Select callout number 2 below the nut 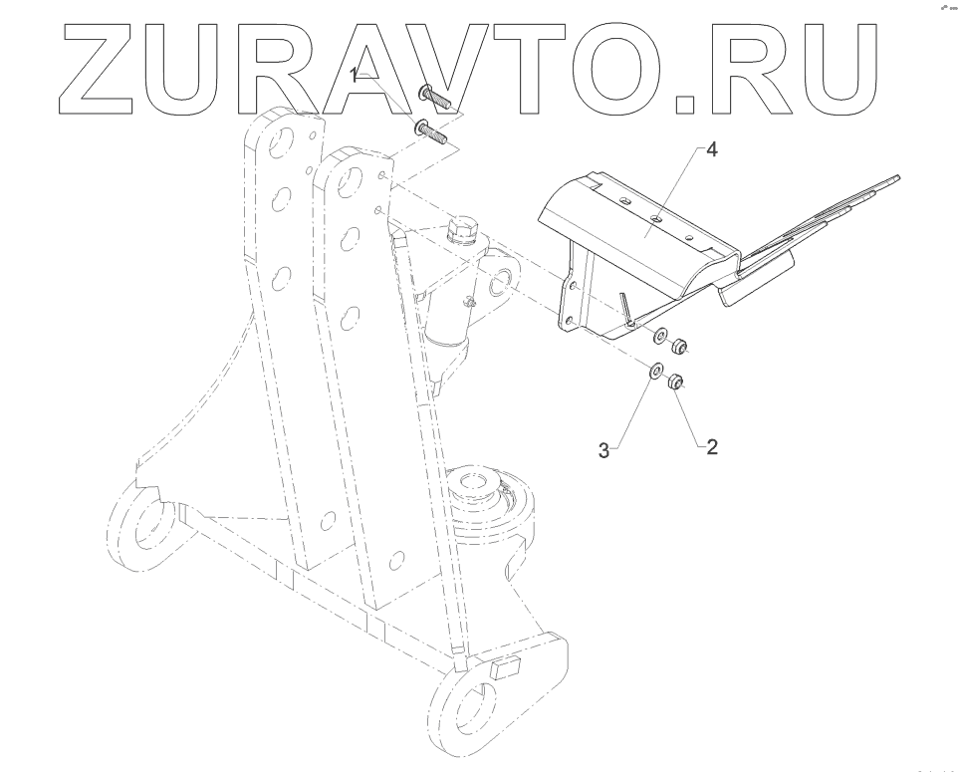click(x=711, y=446)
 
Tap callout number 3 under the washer click(x=603, y=450)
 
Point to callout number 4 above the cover click(x=711, y=150)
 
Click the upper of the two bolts click(x=436, y=98)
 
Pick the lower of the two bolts click(x=432, y=130)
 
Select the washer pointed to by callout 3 click(x=654, y=371)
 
